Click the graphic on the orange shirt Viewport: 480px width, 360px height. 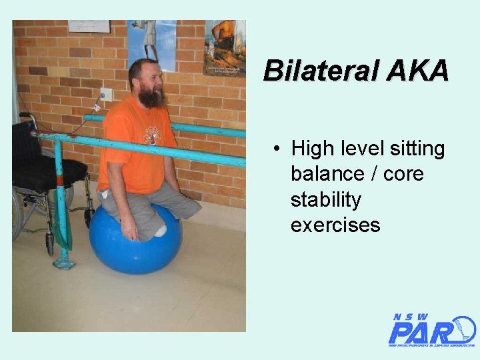(x=152, y=135)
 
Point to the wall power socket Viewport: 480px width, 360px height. (x=105, y=95)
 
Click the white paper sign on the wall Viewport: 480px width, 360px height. (x=89, y=26)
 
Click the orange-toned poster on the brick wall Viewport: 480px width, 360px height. (x=225, y=47)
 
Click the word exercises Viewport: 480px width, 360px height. (x=335, y=225)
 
